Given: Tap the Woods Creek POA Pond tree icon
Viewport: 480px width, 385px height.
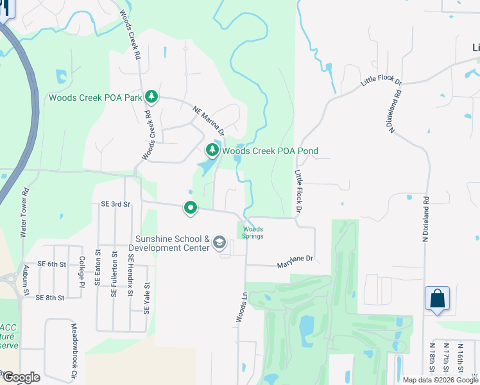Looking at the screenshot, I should (212, 151).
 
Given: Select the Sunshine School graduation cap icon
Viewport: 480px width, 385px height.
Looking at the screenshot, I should (219, 243).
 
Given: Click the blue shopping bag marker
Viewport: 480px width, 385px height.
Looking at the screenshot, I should (437, 299).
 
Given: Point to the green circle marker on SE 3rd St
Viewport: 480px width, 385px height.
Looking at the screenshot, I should (191, 208).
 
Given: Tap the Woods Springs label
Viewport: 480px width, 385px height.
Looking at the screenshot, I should (253, 232).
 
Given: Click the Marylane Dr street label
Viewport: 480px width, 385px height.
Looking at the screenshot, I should (295, 261).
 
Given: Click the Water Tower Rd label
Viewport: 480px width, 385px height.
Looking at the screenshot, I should (25, 212).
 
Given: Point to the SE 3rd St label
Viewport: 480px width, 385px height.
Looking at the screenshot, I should (116, 204).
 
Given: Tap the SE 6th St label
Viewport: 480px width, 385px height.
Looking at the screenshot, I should (52, 264).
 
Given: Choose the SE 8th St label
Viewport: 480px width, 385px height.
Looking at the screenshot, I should (51, 298).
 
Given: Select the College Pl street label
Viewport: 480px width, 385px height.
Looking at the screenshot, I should (81, 271).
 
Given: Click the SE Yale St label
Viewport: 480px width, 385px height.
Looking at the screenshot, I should (146, 298).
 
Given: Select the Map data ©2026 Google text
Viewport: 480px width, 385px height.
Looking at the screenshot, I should (440, 380).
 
